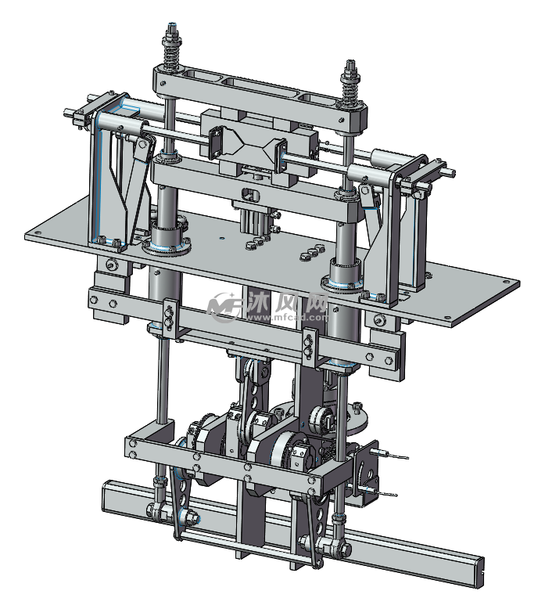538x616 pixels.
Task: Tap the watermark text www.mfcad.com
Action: (287, 317)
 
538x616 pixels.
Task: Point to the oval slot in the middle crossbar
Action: (251, 194)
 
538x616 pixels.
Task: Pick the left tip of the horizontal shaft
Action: (66, 113)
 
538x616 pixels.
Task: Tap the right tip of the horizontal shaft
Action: (453, 172)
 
